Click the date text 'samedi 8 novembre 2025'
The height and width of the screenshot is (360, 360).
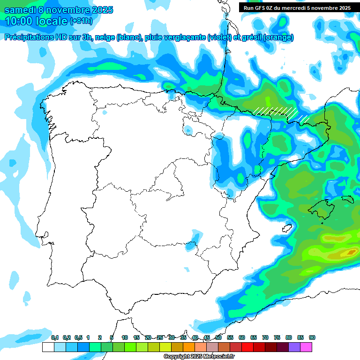tap(59, 10)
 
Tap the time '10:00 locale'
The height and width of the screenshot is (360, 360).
tap(36, 21)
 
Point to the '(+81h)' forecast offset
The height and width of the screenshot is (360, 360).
tap(81, 21)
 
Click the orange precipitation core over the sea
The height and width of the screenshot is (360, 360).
tap(348, 253)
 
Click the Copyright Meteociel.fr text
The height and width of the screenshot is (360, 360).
tap(199, 356)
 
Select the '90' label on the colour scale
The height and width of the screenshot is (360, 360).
tap(312, 337)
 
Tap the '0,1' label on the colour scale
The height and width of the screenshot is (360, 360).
tap(55, 337)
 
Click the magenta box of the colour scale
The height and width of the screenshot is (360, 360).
tap(306, 347)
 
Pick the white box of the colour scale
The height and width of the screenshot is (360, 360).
tap(48, 347)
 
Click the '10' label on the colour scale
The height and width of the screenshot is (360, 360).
tap(125, 337)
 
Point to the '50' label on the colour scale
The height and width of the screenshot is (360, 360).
tap(218, 337)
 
